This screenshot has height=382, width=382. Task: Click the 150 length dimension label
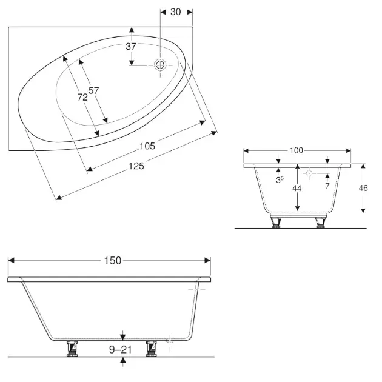pyautogui.click(x=113, y=261)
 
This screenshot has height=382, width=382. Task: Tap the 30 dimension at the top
pyautogui.click(x=175, y=12)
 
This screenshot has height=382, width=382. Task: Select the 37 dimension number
pyautogui.click(x=131, y=46)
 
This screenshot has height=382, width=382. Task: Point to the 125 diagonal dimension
pyautogui.click(x=136, y=166)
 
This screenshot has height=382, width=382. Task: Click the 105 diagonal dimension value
pyautogui.click(x=147, y=146)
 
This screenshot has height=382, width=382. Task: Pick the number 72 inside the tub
pyautogui.click(x=82, y=97)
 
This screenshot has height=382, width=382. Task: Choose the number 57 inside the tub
pyautogui.click(x=93, y=90)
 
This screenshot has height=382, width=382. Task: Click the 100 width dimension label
pyautogui.click(x=297, y=150)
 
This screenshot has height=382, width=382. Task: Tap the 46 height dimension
pyautogui.click(x=363, y=188)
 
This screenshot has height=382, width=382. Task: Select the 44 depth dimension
pyautogui.click(x=297, y=188)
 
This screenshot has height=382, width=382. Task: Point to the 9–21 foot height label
pyautogui.click(x=120, y=350)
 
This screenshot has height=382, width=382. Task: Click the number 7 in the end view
pyautogui.click(x=327, y=186)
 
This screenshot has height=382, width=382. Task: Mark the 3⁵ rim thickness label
pyautogui.click(x=280, y=180)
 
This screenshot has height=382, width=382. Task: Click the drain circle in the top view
pyautogui.click(x=160, y=65)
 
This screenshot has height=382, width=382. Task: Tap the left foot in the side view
pyautogui.click(x=72, y=349)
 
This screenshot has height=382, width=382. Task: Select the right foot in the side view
pyautogui.click(x=152, y=349)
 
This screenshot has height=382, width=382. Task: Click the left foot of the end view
pyautogui.click(x=276, y=223)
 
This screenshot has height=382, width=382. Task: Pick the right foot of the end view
pyautogui.click(x=321, y=223)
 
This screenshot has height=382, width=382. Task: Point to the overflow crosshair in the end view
pyautogui.click(x=309, y=173)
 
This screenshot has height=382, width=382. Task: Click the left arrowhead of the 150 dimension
pyautogui.click(x=11, y=261)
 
